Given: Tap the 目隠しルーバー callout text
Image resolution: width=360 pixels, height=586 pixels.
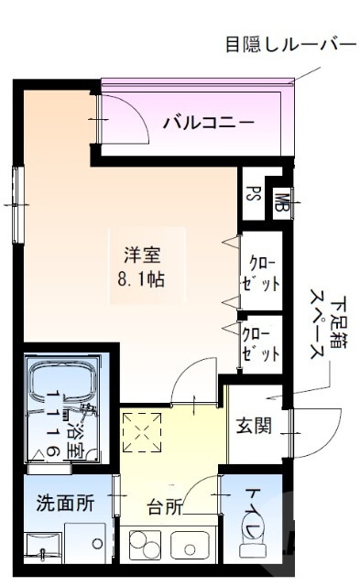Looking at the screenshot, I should (289, 43).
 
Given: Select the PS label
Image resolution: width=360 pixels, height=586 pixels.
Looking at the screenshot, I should (253, 196).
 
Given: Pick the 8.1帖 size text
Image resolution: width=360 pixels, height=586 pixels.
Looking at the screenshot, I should (142, 277).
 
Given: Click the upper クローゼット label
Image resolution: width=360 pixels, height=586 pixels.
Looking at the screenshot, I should (260, 274).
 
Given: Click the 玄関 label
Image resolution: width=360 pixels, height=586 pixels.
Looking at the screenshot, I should (252, 426).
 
